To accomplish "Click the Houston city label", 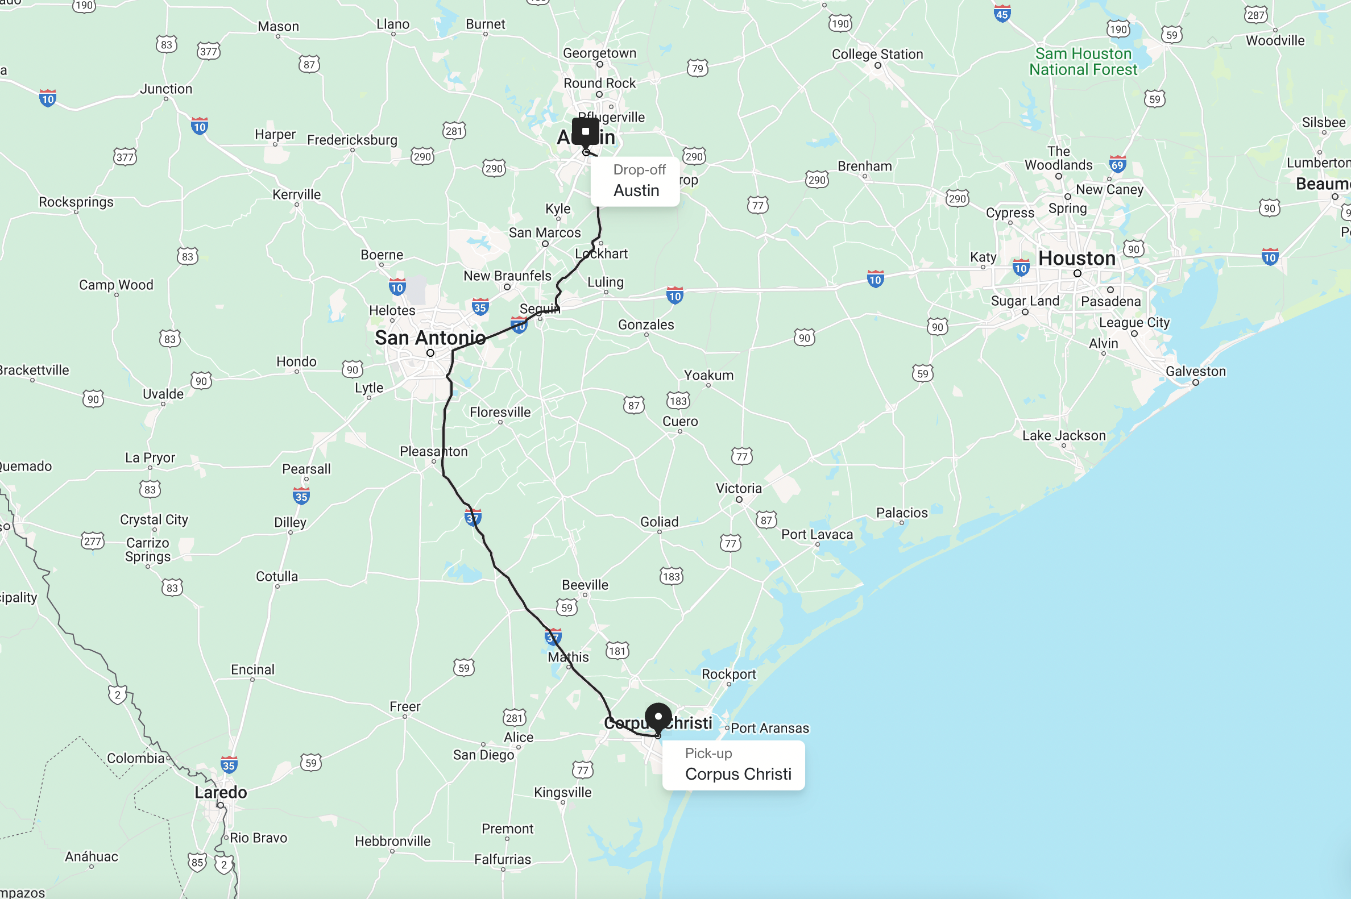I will pyautogui.click(x=1077, y=259).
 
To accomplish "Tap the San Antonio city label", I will pyautogui.click(x=430, y=338).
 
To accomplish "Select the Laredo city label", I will pyautogui.click(x=221, y=792).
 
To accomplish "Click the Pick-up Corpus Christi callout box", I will pyautogui.click(x=733, y=765).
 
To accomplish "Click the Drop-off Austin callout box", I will pyautogui.click(x=635, y=182).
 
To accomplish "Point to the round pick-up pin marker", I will pyautogui.click(x=658, y=717).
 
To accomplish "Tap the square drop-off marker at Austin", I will pyautogui.click(x=585, y=131).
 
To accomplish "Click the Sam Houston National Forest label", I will pyautogui.click(x=1083, y=61).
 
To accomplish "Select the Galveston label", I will pyautogui.click(x=1196, y=372).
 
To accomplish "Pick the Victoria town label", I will pyautogui.click(x=738, y=489).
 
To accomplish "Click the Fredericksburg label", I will pyautogui.click(x=351, y=140).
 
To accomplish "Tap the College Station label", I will pyautogui.click(x=877, y=55).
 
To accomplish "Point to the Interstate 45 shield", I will pyautogui.click(x=1002, y=14).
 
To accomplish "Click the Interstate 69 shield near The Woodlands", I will pyautogui.click(x=1117, y=165).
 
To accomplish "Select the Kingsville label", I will pyautogui.click(x=562, y=792).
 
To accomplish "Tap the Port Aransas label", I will pyautogui.click(x=769, y=728).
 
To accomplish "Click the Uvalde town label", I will pyautogui.click(x=163, y=394).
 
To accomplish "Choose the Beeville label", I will pyautogui.click(x=585, y=585).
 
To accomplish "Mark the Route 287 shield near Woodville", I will pyautogui.click(x=1255, y=15).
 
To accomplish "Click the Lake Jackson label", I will pyautogui.click(x=1064, y=436).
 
